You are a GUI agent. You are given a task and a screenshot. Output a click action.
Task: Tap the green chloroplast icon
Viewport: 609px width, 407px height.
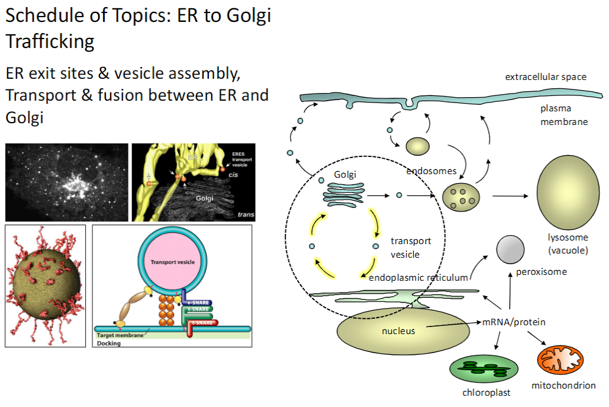point(479,370)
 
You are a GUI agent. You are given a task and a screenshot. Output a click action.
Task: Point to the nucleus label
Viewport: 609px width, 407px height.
point(398,331)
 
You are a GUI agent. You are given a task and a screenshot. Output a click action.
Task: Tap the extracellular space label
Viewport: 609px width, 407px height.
point(545,77)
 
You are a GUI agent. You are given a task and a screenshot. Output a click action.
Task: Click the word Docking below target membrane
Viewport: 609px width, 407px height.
point(108,343)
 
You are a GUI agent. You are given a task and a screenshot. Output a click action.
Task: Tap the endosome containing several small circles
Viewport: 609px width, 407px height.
point(462,196)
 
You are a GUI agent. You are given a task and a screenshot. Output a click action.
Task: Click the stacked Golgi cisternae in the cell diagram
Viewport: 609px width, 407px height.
point(343,193)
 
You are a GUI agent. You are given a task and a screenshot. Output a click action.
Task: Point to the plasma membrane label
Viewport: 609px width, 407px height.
point(563,115)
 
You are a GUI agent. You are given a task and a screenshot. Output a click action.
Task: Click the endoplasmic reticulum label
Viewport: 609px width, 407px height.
point(418,277)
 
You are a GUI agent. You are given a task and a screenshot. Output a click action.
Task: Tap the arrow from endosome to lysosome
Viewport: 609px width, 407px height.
point(512,195)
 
